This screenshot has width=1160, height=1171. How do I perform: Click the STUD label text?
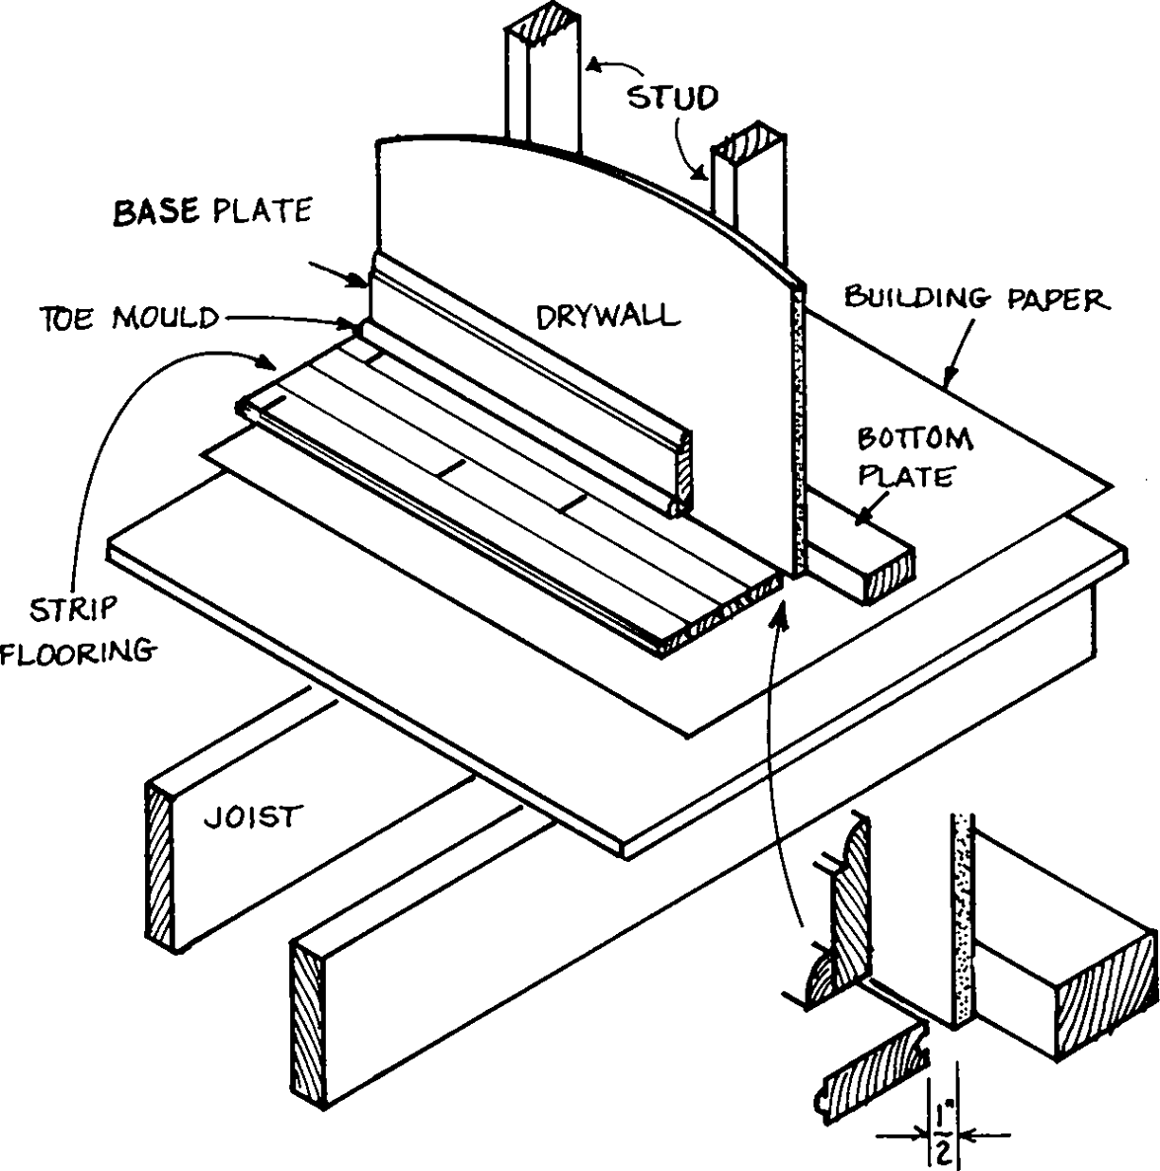(673, 97)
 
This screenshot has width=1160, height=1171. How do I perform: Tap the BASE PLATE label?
(213, 211)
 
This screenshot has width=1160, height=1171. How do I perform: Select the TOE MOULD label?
(129, 318)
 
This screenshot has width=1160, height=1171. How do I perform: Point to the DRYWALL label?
(608, 316)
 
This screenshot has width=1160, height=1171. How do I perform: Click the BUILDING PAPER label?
(976, 297)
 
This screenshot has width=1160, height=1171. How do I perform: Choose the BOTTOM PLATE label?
(914, 456)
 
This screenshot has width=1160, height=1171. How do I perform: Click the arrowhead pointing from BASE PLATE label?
(361, 283)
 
